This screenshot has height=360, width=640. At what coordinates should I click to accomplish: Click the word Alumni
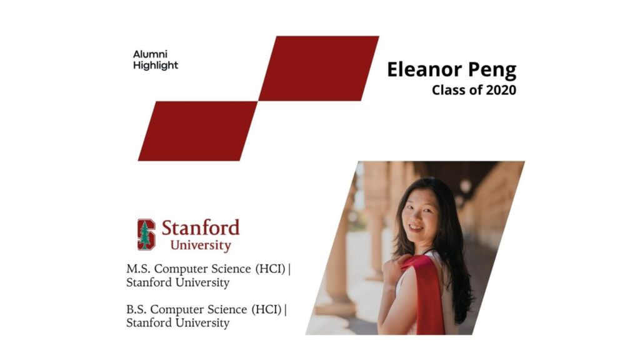pos(150,54)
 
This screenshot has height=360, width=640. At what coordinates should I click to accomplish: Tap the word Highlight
pos(156,65)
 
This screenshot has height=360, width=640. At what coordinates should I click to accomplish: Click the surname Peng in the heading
pos(492,70)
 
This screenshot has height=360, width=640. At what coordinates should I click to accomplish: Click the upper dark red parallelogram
pos(319,68)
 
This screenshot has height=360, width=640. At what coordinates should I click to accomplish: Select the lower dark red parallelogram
pos(198,131)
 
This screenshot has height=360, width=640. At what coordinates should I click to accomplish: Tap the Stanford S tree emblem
pos(146,234)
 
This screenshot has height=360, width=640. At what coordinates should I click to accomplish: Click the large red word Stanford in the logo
pos(201,227)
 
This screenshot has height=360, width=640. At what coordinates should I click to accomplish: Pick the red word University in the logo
pos(201,245)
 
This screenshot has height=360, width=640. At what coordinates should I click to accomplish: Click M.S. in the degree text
pos(138,269)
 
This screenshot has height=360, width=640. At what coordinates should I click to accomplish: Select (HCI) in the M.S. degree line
pos(270,269)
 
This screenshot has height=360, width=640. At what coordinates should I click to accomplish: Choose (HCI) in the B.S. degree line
pos(266,309)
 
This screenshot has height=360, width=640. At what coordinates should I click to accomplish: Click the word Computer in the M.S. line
pos(181,269)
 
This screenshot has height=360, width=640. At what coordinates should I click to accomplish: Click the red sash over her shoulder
pos(426,294)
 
